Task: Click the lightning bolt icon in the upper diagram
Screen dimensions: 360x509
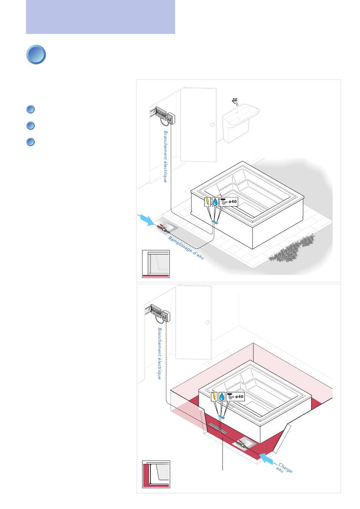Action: [x=207, y=202]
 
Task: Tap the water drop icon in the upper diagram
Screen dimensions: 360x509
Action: [x=215, y=202]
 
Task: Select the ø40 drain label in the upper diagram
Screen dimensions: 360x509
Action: [x=229, y=202]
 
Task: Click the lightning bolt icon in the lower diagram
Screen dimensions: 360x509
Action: [x=214, y=397]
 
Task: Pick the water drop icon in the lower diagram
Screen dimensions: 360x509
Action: [x=222, y=397]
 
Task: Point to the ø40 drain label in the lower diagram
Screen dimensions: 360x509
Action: [x=236, y=397]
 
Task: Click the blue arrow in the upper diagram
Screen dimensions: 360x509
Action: [x=147, y=220]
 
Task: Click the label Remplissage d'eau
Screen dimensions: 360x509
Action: [x=186, y=248]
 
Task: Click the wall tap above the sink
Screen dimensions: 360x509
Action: [x=235, y=101]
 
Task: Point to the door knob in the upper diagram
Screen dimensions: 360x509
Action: [x=213, y=125]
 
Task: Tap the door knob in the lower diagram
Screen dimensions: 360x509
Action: [x=207, y=322]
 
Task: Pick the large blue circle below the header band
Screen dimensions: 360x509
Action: [x=36, y=55]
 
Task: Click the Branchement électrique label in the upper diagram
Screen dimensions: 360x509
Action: [x=165, y=156]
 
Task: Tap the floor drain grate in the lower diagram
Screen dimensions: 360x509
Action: [x=218, y=428]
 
